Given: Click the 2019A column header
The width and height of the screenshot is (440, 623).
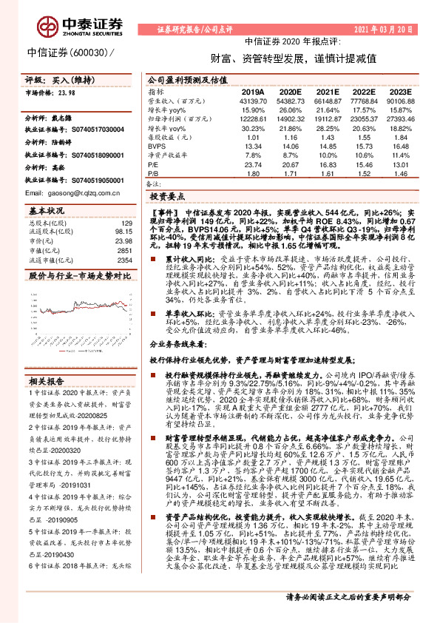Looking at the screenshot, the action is [253, 90].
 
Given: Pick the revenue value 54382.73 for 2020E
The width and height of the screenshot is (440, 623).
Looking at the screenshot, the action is [292, 100].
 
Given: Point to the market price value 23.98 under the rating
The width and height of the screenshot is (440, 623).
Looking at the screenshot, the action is [67, 92].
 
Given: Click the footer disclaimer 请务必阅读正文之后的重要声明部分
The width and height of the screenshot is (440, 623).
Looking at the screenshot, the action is [357, 597].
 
